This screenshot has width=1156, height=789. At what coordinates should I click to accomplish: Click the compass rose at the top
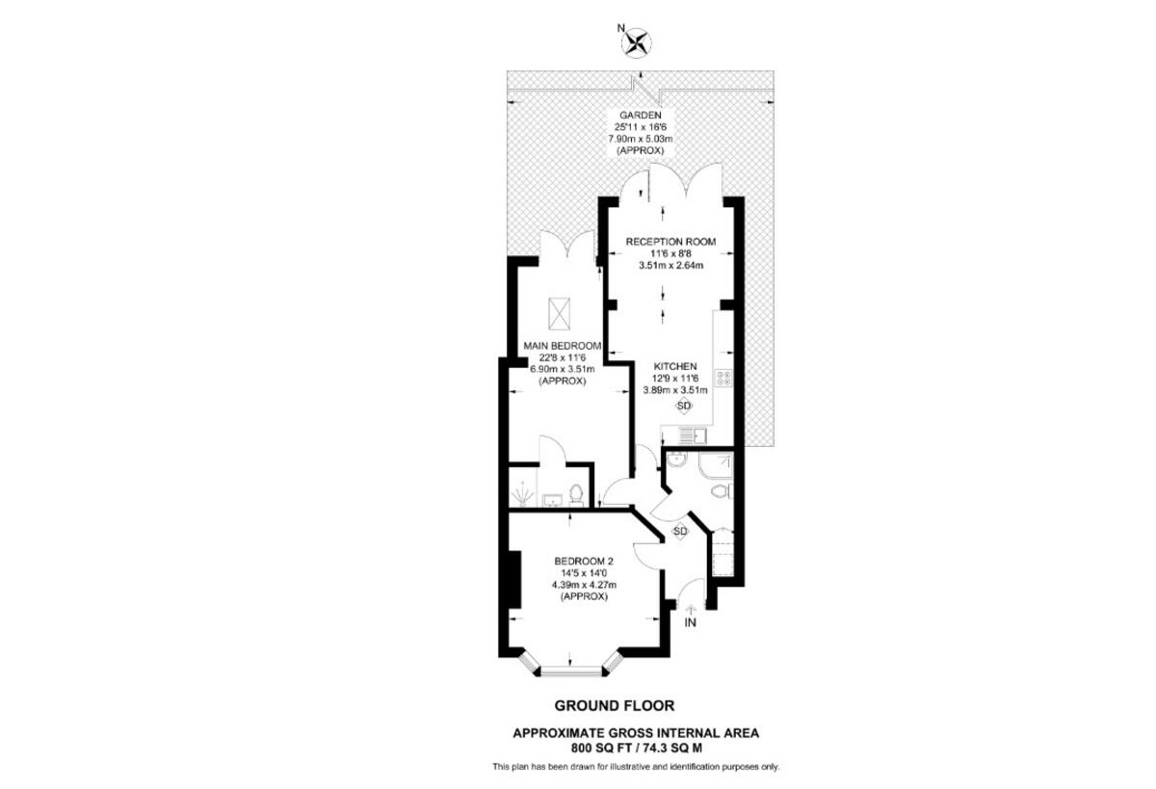click(637, 40)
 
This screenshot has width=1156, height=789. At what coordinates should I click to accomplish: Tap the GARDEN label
click(639, 113)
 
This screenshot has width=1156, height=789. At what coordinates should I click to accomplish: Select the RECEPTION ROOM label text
click(670, 241)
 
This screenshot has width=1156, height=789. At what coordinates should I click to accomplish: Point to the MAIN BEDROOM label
click(563, 345)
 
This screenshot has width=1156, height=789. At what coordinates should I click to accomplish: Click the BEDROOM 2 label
click(584, 561)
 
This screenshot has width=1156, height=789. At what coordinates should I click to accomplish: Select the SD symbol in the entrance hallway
click(680, 531)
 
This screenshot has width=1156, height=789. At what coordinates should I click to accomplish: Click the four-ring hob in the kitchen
click(723, 380)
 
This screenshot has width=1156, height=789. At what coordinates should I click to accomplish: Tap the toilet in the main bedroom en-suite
click(575, 494)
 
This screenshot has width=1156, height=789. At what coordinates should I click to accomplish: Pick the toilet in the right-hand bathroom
click(722, 491)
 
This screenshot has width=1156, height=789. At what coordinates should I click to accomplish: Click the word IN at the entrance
click(690, 623)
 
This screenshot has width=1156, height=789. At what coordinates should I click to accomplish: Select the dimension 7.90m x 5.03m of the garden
click(639, 139)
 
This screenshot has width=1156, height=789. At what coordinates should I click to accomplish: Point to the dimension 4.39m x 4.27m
click(584, 584)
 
